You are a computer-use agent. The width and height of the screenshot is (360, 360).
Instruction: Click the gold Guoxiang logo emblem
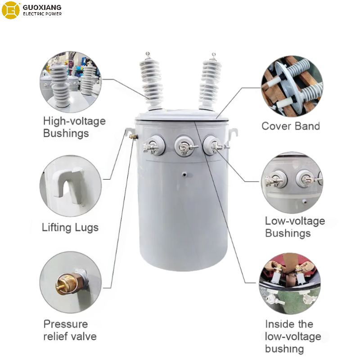point(10,10)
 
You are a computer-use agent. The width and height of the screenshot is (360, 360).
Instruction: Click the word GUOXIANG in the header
point(42,7)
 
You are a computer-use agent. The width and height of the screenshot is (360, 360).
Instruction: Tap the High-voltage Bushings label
point(74,127)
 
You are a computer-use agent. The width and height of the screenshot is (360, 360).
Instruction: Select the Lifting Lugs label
point(70,228)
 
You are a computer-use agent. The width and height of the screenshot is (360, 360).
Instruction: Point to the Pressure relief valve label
point(70,330)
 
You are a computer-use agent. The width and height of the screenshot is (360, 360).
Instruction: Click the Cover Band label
point(291,126)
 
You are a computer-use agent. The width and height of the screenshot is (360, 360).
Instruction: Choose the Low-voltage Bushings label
point(295,227)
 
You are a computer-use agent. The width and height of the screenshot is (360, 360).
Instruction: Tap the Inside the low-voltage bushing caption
point(293,336)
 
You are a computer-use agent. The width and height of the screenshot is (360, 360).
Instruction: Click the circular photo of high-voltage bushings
point(71,82)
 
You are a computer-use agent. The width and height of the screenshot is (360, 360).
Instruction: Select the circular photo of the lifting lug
point(71,186)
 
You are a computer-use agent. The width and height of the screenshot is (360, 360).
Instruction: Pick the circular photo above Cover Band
point(292,86)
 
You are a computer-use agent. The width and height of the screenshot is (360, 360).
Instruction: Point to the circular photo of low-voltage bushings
point(292,183)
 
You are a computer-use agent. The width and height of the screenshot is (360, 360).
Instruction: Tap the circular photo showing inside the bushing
point(290,283)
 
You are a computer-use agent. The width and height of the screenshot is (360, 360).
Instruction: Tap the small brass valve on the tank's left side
point(133,137)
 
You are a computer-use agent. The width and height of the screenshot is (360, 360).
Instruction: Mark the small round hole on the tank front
point(184,175)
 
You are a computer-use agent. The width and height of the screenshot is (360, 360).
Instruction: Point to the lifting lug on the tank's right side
point(233,132)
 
